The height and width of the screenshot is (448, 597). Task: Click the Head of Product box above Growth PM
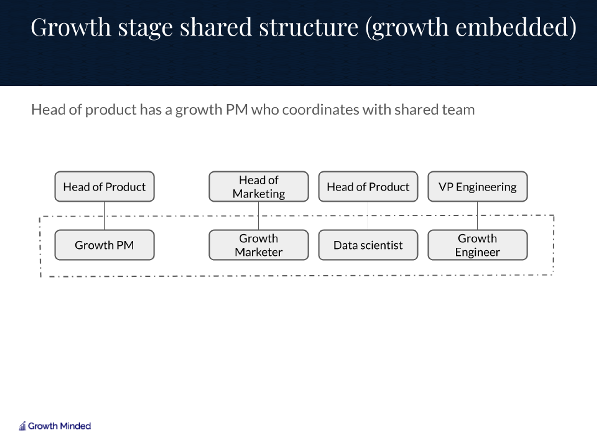pos(104,186)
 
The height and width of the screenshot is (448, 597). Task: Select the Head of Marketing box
pos(259,186)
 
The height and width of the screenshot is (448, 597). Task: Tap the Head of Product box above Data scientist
pos(368,186)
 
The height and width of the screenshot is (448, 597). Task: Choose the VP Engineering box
pos(477,186)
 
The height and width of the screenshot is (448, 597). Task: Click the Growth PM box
pos(104,245)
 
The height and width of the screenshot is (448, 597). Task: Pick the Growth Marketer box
pos(259,245)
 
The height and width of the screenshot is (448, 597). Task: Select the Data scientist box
pos(368,245)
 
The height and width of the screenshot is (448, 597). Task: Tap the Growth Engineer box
pos(477,245)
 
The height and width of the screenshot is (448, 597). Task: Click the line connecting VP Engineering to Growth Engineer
pos(477,216)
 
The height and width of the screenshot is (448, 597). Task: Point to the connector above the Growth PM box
pos(104,216)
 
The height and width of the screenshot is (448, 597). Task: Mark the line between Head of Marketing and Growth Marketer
pos(259,216)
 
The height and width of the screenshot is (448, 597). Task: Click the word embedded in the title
pos(516,27)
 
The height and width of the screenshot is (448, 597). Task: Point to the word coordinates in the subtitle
pos(321,110)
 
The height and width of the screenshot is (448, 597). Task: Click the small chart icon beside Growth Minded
pos(22,426)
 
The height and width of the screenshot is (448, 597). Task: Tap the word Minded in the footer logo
pos(75,426)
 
